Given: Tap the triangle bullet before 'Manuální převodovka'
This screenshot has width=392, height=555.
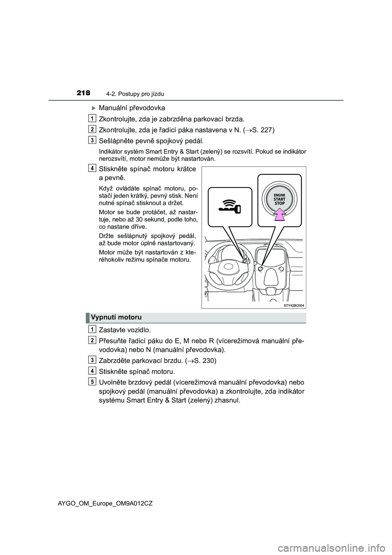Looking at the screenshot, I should [x=93, y=108].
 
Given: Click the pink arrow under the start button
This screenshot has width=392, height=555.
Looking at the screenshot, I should [x=279, y=213].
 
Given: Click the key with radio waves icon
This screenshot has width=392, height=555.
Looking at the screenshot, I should [x=230, y=206].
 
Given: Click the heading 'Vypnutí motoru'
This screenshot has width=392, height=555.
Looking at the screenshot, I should [x=116, y=318].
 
